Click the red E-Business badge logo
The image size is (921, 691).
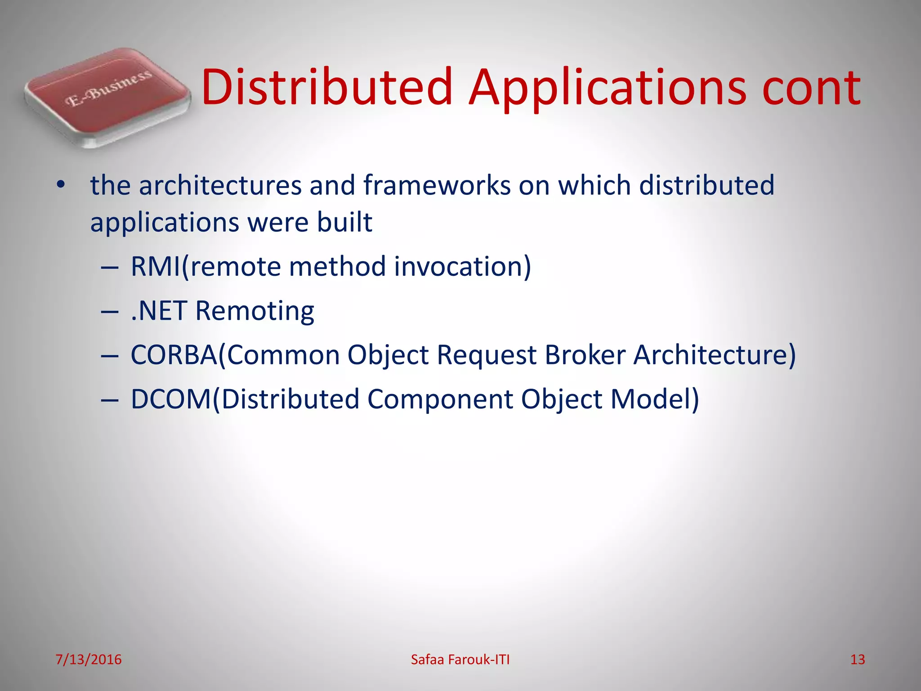pos(107,97)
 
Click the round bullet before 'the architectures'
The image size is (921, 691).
pos(61,185)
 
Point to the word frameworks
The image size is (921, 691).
pos(437,185)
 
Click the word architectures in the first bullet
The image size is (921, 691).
pos(220,185)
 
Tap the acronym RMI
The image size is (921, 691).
pos(155,266)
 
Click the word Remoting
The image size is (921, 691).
pos(255,310)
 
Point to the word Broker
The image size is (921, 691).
pos(585,354)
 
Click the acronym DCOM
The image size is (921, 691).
pos(170,399)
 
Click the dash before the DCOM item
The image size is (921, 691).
pos(110,399)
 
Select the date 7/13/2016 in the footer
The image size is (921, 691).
pos(89,660)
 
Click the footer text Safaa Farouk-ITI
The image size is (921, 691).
pos(460,660)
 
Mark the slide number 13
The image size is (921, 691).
pos(857,660)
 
